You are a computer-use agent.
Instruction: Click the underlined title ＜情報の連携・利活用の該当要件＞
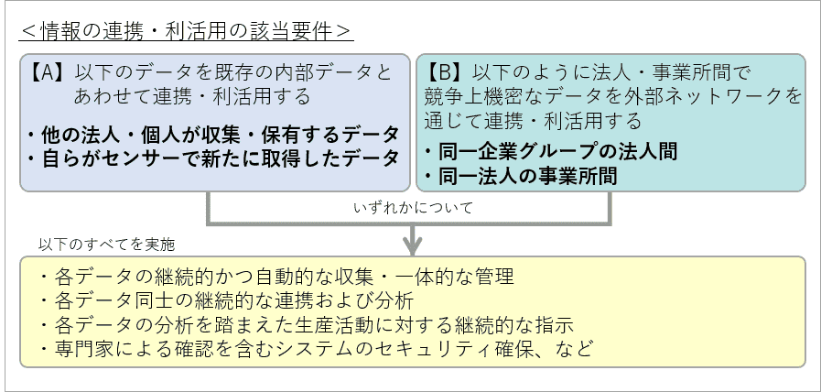(187, 31)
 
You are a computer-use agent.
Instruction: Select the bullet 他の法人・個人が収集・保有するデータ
(213, 136)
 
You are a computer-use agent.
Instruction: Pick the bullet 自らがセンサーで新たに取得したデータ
(213, 158)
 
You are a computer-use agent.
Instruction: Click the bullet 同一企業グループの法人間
(551, 151)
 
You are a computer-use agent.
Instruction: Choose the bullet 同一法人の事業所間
(521, 176)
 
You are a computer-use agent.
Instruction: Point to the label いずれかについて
(413, 208)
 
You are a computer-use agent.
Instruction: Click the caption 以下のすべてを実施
(106, 245)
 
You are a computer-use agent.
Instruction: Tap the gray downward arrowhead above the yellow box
(413, 245)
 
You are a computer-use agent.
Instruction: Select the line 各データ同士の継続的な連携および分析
(227, 300)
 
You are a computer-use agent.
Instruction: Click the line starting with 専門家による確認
(317, 348)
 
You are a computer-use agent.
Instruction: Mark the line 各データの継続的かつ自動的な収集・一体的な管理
(277, 277)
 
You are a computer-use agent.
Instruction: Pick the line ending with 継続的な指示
(307, 324)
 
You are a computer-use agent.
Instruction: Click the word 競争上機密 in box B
(472, 95)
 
